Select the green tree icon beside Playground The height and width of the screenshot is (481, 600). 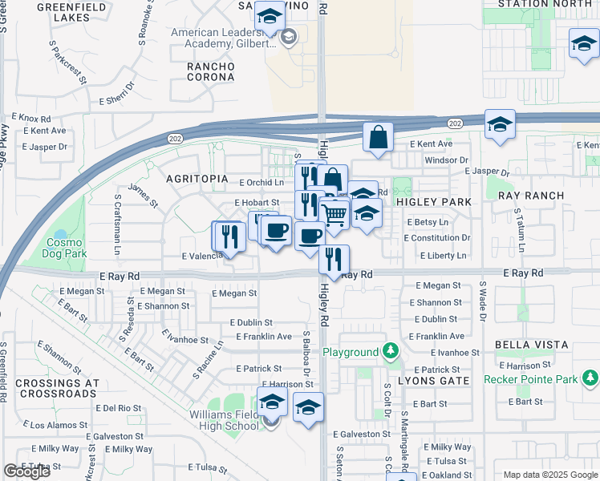click(390, 351)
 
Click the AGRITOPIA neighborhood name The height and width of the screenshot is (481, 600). click(197, 179)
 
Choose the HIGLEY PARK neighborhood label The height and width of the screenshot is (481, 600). click(434, 203)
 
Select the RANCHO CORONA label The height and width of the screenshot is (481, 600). click(209, 71)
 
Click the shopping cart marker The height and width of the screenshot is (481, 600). click(334, 214)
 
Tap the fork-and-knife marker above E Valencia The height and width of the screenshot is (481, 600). click(228, 236)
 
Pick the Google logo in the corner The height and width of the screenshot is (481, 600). click(27, 471)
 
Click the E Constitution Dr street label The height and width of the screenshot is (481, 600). click(436, 238)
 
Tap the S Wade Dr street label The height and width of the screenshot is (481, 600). click(484, 300)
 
